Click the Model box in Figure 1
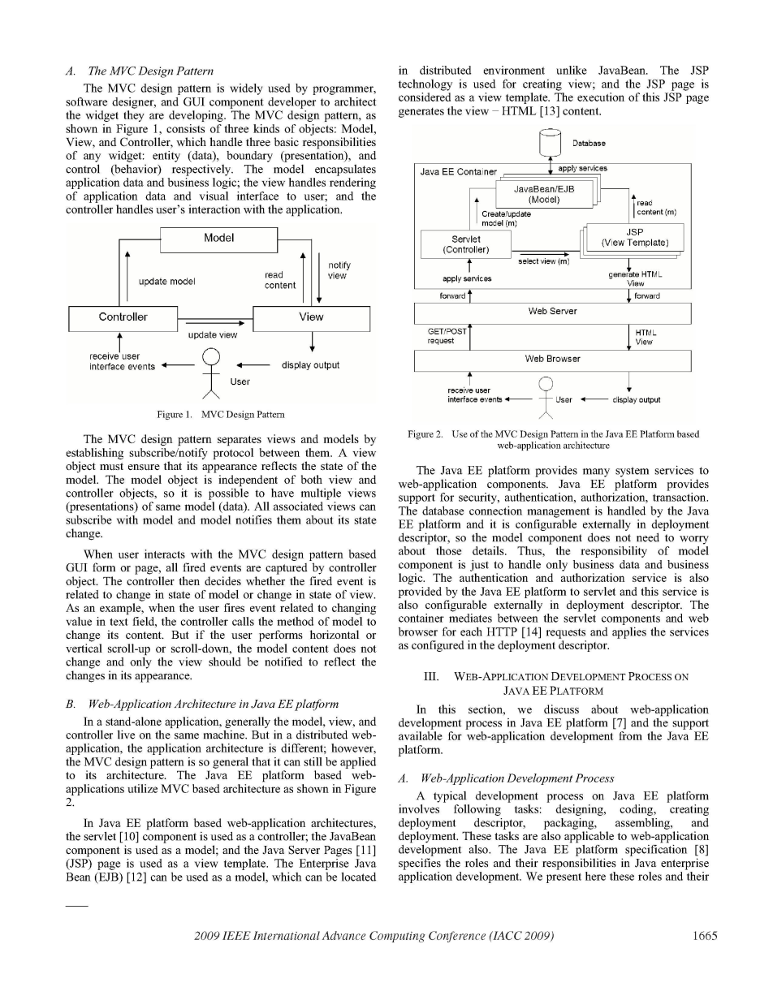click(218, 239)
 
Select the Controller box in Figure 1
click(123, 317)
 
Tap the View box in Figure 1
click(311, 317)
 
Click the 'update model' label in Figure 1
click(166, 282)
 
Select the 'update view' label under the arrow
click(212, 335)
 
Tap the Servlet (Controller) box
click(465, 244)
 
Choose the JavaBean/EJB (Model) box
click(540, 194)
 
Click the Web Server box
click(552, 311)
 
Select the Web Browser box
click(552, 358)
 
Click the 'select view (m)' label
click(543, 261)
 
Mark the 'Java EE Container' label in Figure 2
click(458, 172)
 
